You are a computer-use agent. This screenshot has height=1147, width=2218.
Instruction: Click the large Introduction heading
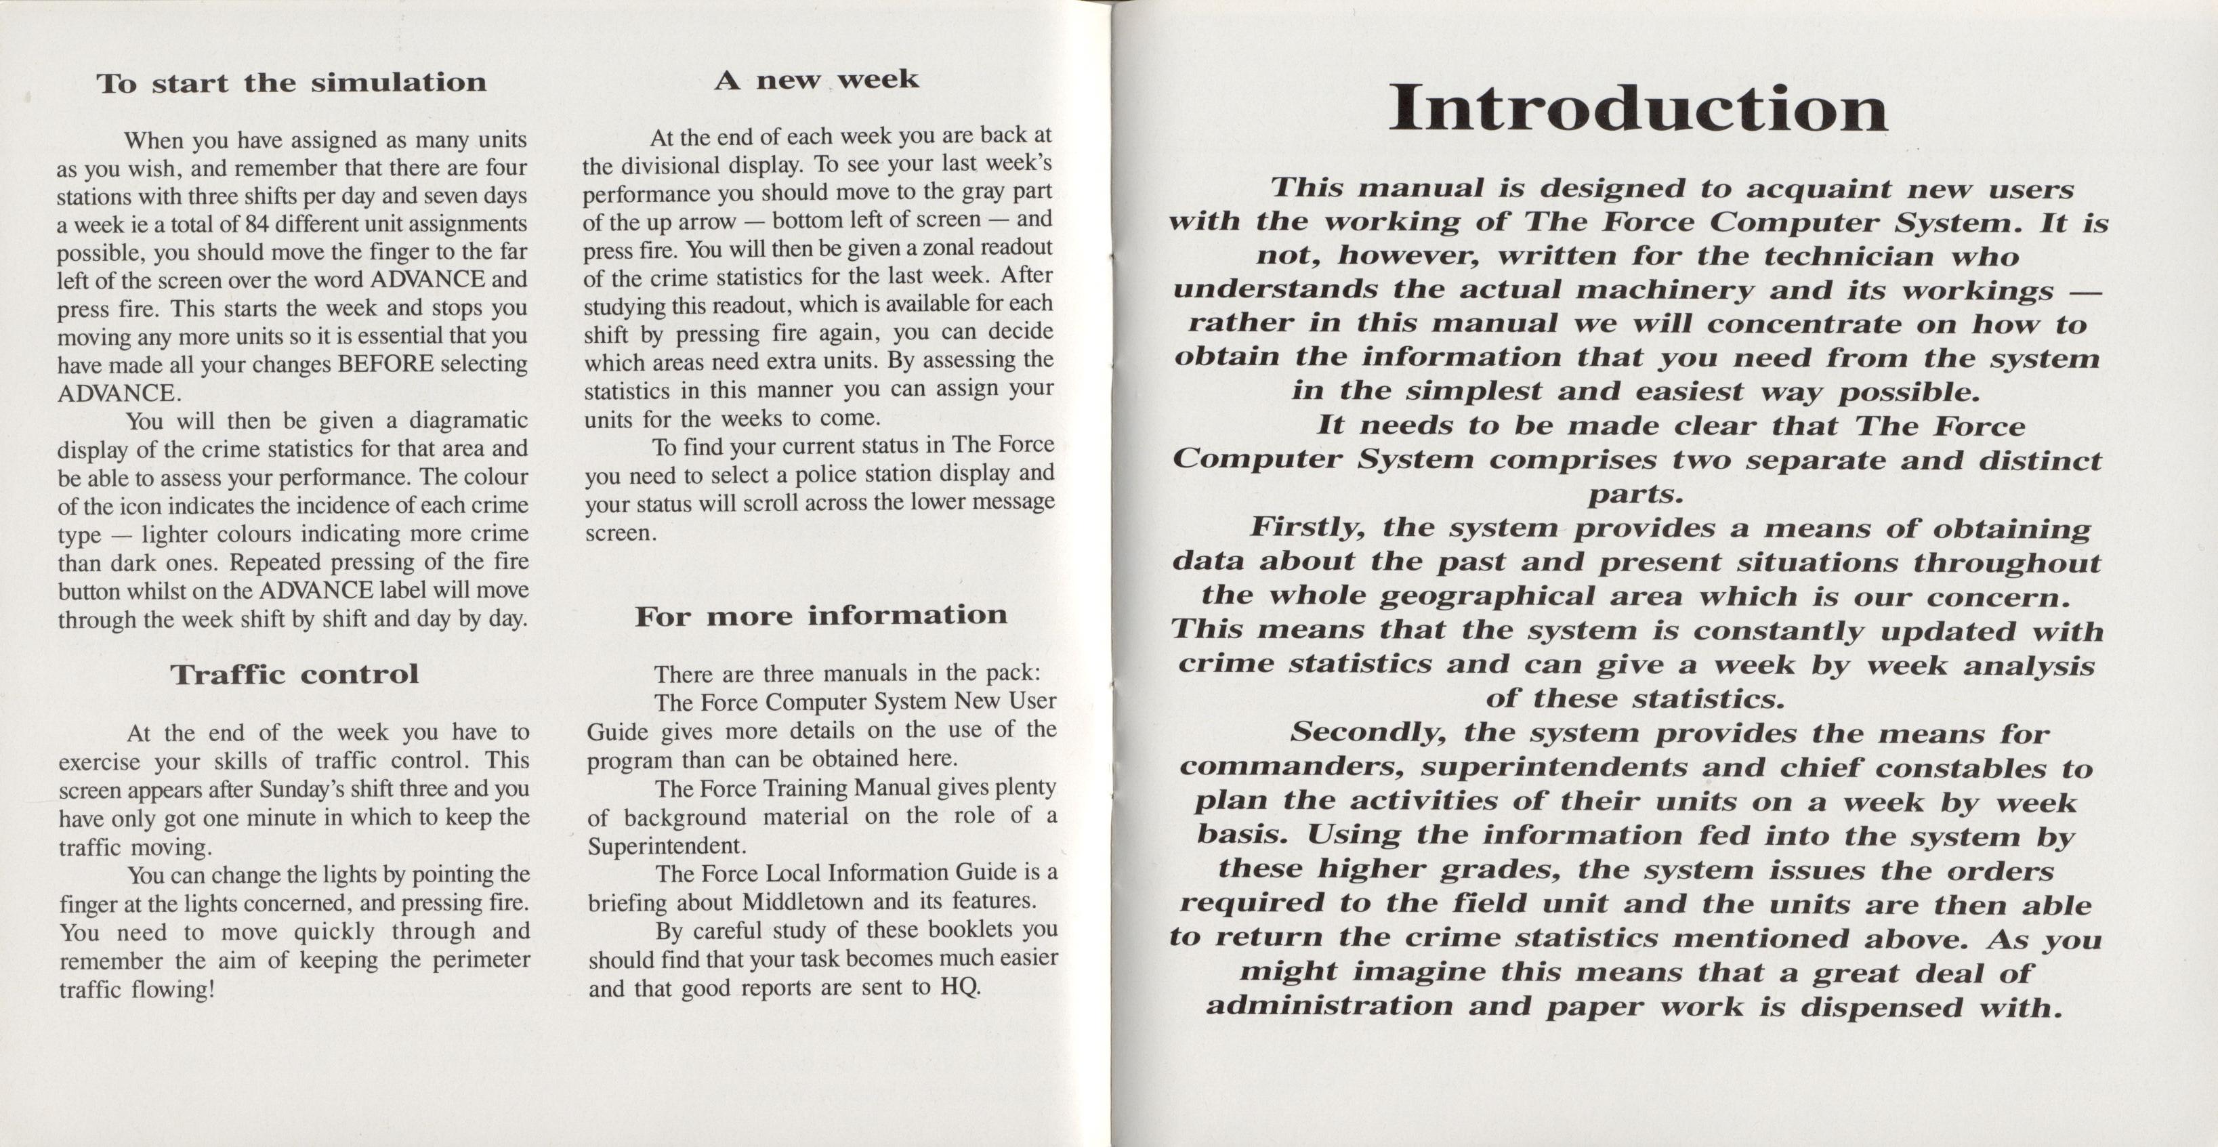tap(1637, 109)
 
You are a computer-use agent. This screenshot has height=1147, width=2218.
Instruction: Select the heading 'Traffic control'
tap(295, 673)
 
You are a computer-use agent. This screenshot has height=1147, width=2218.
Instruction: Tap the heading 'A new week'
tap(816, 80)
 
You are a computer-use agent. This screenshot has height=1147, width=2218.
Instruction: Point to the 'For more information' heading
tap(820, 615)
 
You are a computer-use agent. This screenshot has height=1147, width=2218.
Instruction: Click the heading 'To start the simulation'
tap(291, 83)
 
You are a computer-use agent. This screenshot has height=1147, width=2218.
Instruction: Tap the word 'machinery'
tap(1665, 290)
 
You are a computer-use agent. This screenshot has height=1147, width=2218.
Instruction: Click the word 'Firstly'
tap(1306, 527)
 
